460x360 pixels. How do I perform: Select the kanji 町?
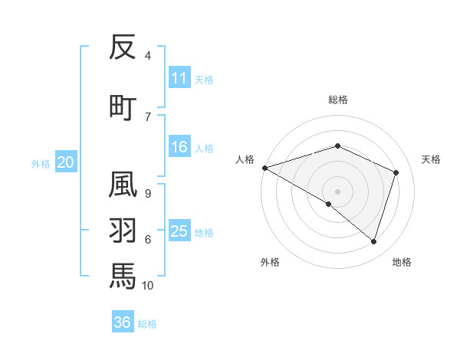123,107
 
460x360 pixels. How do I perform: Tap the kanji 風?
123,185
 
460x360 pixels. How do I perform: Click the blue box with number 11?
179,78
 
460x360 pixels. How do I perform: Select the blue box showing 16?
179,147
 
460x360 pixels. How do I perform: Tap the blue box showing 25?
179,231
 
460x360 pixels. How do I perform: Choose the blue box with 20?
66,162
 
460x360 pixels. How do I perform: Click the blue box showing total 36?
123,322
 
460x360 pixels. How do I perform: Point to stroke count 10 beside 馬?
147,285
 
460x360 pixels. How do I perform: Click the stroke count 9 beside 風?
147,193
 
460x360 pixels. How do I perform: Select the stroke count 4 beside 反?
147,56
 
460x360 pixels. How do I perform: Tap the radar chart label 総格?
338,100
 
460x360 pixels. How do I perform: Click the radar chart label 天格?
431,159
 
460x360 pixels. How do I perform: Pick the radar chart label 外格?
270,262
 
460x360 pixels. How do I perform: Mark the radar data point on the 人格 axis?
264,167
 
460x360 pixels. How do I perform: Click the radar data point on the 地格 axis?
373,241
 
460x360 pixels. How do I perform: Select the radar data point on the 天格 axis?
396,172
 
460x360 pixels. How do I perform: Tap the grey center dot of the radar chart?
337,191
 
